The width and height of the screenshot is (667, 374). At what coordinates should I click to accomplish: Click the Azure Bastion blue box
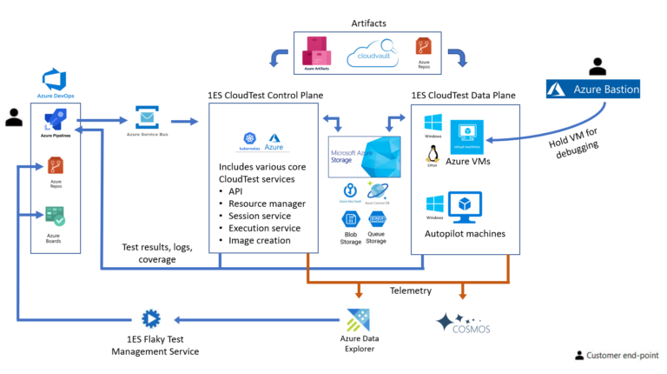pos(594,89)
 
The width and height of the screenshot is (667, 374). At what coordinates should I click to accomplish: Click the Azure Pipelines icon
pos(55,122)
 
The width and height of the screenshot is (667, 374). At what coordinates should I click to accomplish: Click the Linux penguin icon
pos(431,155)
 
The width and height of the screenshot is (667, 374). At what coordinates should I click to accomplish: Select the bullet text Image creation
pos(259,240)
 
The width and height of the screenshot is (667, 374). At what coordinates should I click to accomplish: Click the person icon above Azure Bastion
pos(596,66)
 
